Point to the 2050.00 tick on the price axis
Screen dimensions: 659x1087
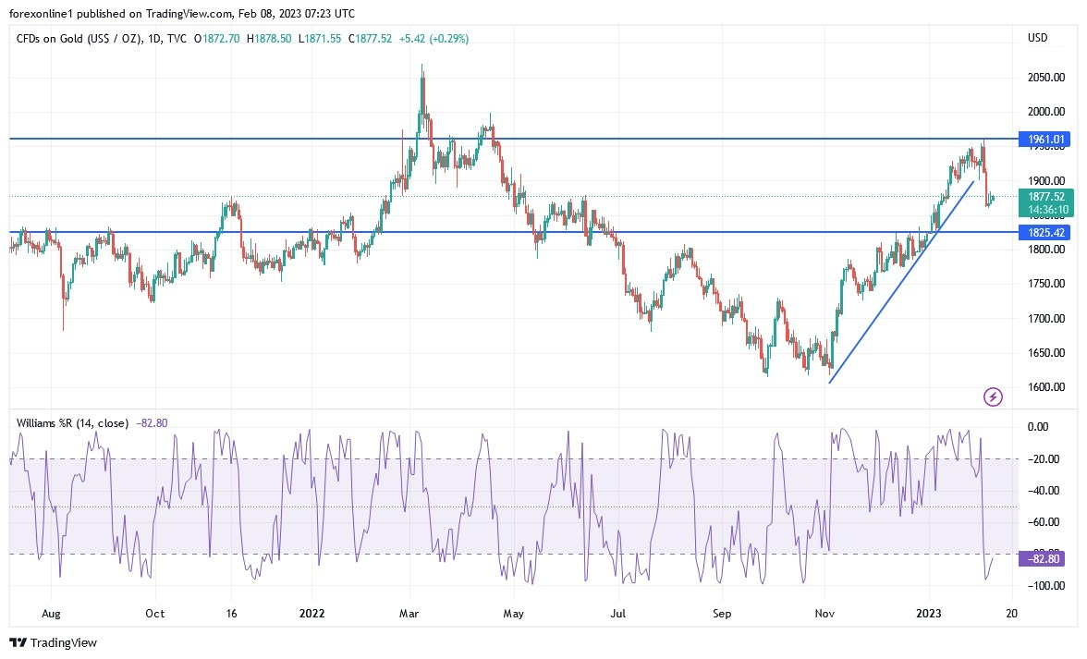tap(1045, 78)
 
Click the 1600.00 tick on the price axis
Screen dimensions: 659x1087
tap(1045, 387)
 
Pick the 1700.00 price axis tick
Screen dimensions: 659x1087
tap(1045, 319)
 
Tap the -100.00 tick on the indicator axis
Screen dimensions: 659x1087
tap(1044, 586)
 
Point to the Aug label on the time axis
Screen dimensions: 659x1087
tap(52, 613)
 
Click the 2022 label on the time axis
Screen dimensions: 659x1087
tap(311, 613)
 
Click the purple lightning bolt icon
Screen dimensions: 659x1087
tap(993, 397)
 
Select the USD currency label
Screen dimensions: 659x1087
tap(1037, 38)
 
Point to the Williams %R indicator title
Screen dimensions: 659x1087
tap(72, 423)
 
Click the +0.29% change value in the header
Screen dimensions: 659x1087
tap(452, 39)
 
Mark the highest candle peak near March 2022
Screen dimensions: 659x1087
tap(422, 66)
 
